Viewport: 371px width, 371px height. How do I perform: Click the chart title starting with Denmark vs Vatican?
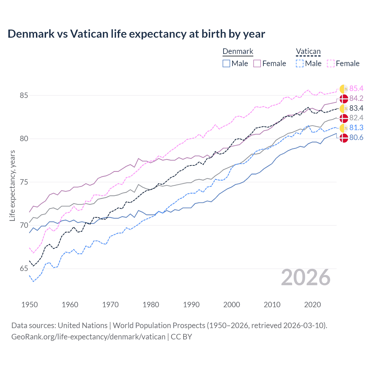click(136, 34)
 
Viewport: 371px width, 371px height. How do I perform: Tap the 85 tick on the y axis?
click(24, 95)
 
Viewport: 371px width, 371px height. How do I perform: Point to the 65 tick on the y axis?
click(24, 269)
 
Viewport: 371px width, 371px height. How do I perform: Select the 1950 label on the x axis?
click(30, 305)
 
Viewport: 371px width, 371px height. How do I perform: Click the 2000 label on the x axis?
click(232, 305)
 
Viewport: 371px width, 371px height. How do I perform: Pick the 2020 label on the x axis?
click(312, 305)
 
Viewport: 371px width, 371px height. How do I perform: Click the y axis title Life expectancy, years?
click(12, 185)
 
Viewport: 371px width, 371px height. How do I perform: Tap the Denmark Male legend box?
click(226, 63)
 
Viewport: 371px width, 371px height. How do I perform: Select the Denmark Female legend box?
click(257, 63)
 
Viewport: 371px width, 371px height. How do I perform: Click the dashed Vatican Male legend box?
click(300, 63)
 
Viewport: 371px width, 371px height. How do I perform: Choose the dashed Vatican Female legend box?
click(331, 63)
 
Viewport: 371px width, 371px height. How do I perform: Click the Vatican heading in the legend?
click(308, 52)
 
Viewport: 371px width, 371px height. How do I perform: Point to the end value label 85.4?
click(356, 89)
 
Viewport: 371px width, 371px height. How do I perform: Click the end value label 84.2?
click(356, 99)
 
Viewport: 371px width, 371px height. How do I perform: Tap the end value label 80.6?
click(356, 138)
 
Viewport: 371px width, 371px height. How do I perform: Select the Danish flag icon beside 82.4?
click(344, 118)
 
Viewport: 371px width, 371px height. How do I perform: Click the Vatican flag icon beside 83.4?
click(344, 109)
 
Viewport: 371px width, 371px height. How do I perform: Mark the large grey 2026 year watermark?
click(306, 277)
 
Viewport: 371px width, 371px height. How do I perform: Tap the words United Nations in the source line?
click(83, 325)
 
